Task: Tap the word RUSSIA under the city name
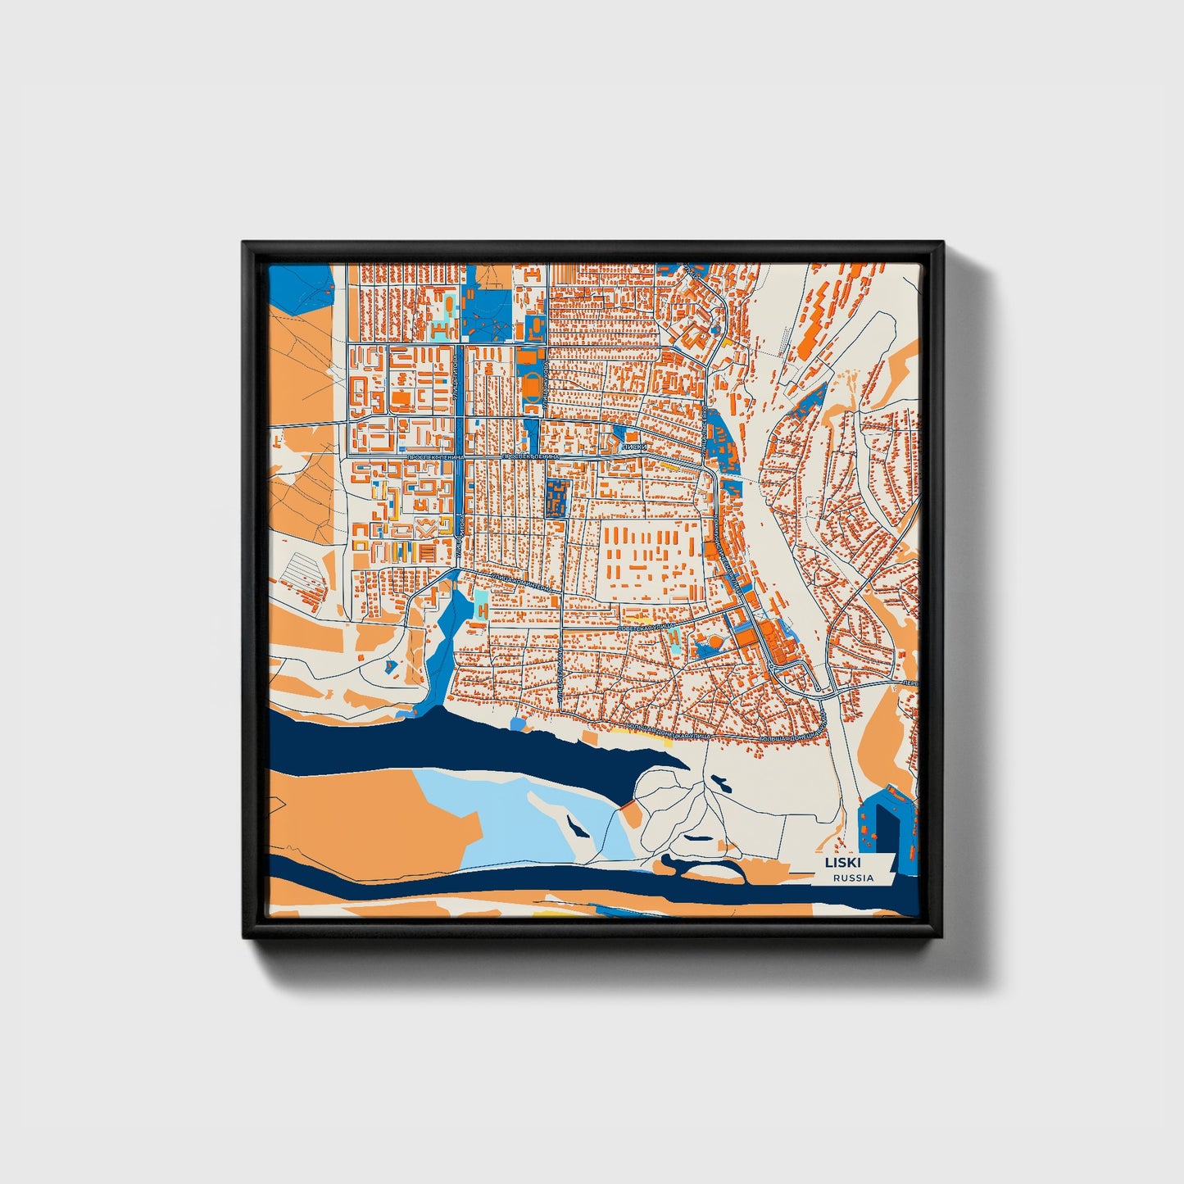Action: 852,878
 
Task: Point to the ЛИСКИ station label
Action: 634,447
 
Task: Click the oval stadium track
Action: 533,385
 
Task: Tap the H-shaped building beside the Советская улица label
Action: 673,637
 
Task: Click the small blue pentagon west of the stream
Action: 390,666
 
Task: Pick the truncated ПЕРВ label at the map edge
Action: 905,682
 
